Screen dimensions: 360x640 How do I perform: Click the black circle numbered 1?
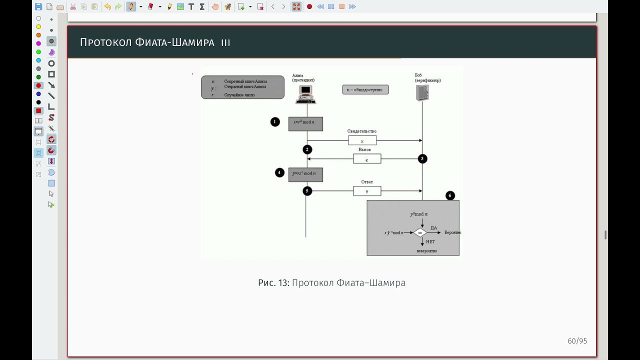point(275,121)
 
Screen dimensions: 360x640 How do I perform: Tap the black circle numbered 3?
point(422,158)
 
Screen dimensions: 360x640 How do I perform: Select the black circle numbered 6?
point(450,195)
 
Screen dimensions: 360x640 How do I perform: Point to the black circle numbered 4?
point(279,172)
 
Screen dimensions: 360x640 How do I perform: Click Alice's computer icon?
point(305,94)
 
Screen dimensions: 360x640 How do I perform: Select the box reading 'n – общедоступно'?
point(365,90)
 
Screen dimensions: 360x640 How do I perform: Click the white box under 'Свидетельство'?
point(362,140)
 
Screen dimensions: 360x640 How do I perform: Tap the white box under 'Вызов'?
point(367,159)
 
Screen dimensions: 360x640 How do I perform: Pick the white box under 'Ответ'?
point(367,191)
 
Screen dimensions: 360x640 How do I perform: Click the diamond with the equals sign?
point(420,232)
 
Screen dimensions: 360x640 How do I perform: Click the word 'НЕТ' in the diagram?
point(430,242)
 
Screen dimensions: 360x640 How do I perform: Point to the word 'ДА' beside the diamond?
point(433,228)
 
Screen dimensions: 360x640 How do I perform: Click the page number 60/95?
point(577,341)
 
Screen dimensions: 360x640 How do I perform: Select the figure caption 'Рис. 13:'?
point(273,283)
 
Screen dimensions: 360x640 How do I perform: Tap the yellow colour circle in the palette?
point(38,27)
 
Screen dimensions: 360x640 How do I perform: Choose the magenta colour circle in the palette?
point(38,43)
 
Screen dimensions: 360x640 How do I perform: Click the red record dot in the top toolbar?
point(309,6)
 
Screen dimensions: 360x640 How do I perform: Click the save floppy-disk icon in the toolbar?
point(38,6)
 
